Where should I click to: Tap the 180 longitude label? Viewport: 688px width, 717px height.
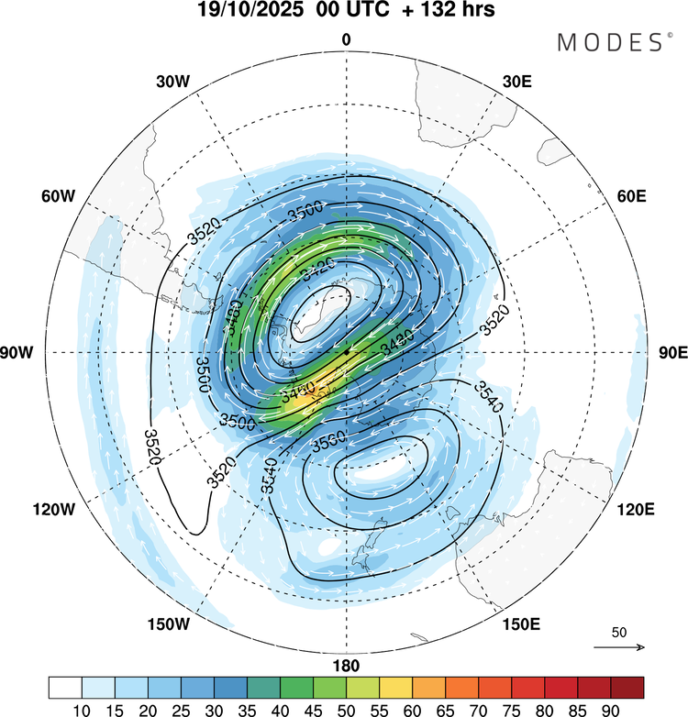point(346,666)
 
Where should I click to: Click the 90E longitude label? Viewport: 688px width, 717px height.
point(672,353)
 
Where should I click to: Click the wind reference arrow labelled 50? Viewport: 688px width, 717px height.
point(619,647)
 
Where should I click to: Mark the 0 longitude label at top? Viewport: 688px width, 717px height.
point(346,39)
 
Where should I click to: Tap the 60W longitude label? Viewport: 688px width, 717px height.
point(57,197)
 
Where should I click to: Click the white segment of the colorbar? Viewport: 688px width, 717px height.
point(65,687)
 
